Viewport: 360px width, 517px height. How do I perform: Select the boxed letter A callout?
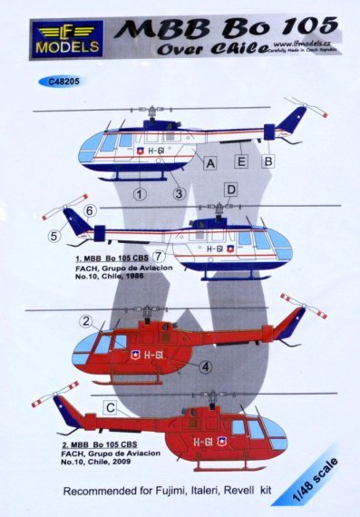pos(210,163)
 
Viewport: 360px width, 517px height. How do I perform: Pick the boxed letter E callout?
pos(240,163)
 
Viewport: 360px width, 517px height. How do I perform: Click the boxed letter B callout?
pos(268,163)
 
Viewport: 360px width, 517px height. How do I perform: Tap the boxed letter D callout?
pos(230,190)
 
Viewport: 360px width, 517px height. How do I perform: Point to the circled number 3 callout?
pos(180,193)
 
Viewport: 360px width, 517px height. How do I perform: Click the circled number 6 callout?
pos(91,210)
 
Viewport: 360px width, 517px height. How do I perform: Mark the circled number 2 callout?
pos(85,321)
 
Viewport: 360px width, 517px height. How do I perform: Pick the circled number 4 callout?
pos(207,367)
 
